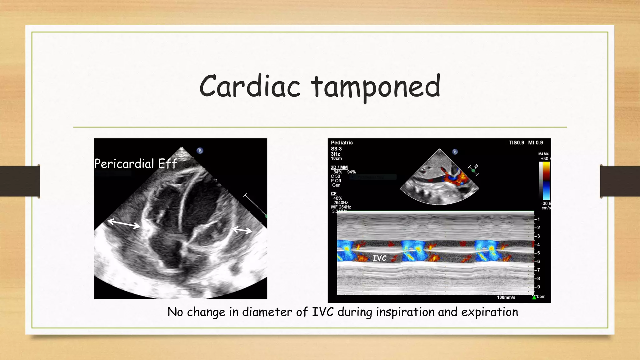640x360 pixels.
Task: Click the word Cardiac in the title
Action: (x=250, y=87)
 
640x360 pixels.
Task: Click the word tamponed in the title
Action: (x=376, y=87)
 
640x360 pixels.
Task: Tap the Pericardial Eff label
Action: (x=136, y=164)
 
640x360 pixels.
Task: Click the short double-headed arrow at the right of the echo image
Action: (x=242, y=231)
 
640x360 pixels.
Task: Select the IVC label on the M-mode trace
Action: (x=380, y=258)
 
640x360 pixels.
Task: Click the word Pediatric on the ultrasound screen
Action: (x=342, y=143)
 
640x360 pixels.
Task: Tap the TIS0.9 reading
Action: (x=516, y=143)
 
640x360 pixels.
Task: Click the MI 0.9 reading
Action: (x=535, y=143)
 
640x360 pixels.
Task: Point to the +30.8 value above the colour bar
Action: (x=546, y=159)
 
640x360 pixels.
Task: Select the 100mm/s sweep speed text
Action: (x=506, y=297)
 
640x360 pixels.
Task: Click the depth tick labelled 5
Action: (x=538, y=253)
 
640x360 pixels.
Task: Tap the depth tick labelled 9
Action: (x=538, y=287)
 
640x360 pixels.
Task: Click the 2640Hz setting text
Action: (x=341, y=202)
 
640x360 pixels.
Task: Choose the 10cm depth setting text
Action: (x=336, y=158)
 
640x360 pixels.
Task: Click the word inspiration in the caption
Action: (x=405, y=312)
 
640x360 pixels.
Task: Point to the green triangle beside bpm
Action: (x=534, y=297)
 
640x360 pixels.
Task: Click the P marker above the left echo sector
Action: (x=200, y=151)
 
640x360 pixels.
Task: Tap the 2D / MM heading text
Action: (x=339, y=167)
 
